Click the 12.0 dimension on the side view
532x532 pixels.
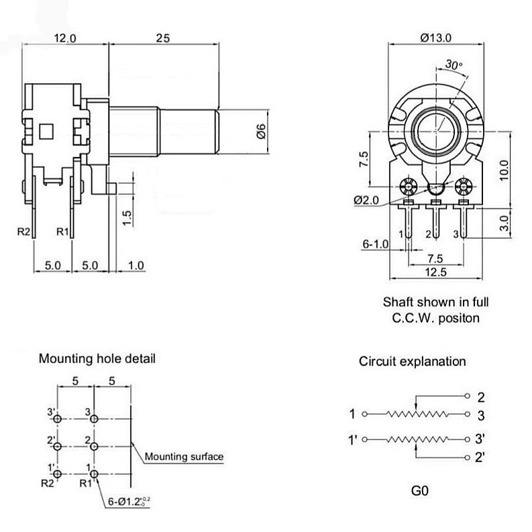[x=65, y=38]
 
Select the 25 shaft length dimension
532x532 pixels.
[x=163, y=38]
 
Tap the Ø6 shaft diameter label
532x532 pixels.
[x=260, y=131]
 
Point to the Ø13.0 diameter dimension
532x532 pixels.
[x=435, y=38]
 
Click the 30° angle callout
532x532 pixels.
[x=454, y=64]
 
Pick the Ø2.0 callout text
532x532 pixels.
[x=366, y=200]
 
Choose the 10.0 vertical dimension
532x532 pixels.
[x=504, y=170]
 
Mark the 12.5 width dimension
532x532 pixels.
[x=435, y=272]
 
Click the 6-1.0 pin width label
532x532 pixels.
[x=375, y=244]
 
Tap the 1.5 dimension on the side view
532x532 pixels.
[x=127, y=218]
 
